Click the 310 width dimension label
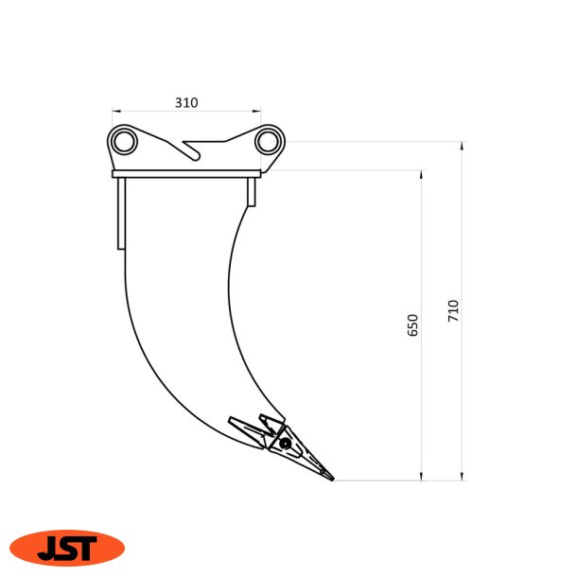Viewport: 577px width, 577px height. click(186, 103)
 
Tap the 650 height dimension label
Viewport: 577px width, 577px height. click(412, 325)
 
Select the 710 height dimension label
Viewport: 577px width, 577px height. click(453, 311)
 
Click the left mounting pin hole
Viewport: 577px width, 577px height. click(124, 142)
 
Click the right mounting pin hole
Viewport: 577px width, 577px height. click(267, 142)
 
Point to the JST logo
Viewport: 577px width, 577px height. click(67, 548)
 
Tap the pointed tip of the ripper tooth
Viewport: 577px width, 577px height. click(333, 480)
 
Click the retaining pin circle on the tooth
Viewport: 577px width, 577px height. click(285, 444)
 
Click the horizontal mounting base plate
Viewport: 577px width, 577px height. click(186, 174)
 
